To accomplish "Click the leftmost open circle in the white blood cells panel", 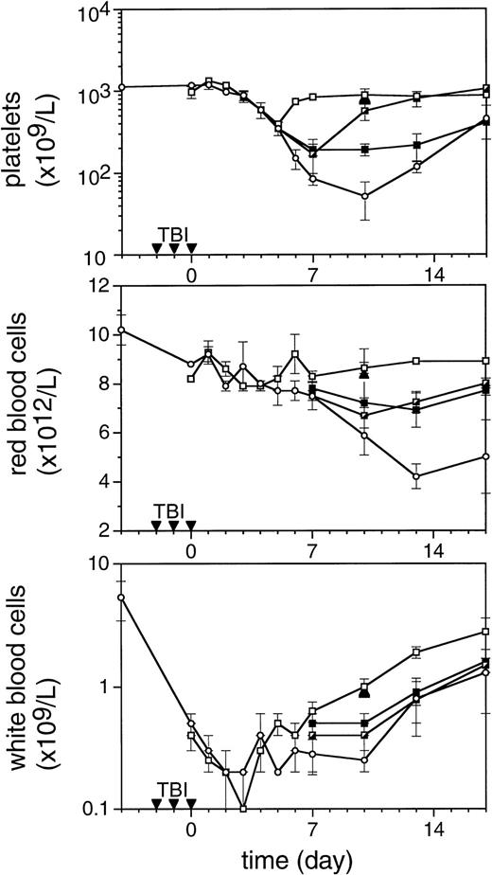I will point(121,598).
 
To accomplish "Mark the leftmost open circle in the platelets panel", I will point(121,87).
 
